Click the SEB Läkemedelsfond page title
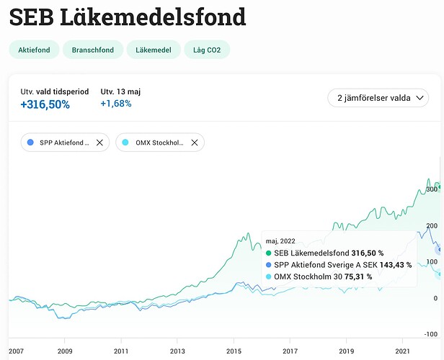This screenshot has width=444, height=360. [127, 17]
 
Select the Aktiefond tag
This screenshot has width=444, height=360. [33, 50]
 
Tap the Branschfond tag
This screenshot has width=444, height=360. [92, 50]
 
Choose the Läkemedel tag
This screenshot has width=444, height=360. [150, 50]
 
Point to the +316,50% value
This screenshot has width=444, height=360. [45, 104]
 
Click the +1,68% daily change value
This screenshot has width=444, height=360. [116, 104]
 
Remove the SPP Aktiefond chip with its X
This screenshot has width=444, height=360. [100, 143]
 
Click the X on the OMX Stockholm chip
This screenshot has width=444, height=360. [195, 143]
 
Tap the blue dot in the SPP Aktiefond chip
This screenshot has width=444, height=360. [30, 143]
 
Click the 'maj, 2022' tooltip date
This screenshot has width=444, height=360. [280, 240]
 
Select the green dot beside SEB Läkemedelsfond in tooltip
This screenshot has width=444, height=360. [269, 253]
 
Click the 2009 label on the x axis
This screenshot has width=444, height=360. [65, 351]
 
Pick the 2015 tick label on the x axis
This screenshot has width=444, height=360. [234, 351]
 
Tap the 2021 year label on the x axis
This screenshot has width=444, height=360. [402, 351]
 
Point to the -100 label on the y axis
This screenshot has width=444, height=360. [432, 334]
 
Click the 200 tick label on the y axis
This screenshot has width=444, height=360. [432, 226]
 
